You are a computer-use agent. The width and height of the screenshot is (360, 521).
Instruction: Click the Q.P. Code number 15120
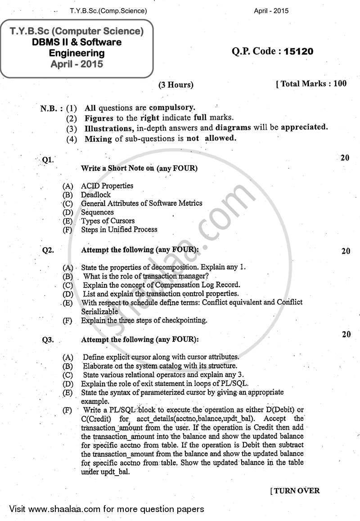(x=298, y=51)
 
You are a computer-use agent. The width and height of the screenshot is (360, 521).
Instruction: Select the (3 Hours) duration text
(x=176, y=85)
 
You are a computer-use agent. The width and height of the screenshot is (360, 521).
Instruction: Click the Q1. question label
(x=48, y=160)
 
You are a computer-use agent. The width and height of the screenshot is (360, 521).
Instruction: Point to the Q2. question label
(x=48, y=251)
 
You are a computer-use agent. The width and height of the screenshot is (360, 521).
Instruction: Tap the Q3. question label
(x=48, y=340)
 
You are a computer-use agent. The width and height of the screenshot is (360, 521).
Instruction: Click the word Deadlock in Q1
(x=96, y=195)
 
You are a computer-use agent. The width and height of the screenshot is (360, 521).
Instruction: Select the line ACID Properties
(x=107, y=186)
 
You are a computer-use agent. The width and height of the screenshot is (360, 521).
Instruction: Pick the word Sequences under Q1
(x=97, y=212)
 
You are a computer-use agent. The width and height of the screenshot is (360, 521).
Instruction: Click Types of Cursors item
(x=108, y=221)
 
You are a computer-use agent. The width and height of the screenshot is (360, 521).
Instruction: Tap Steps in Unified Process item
(x=119, y=229)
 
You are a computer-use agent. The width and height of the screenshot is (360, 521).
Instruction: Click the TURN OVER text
(x=296, y=490)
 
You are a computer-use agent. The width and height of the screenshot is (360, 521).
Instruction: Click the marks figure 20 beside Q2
(x=346, y=251)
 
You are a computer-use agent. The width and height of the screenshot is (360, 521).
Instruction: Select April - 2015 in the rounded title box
(x=77, y=64)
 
